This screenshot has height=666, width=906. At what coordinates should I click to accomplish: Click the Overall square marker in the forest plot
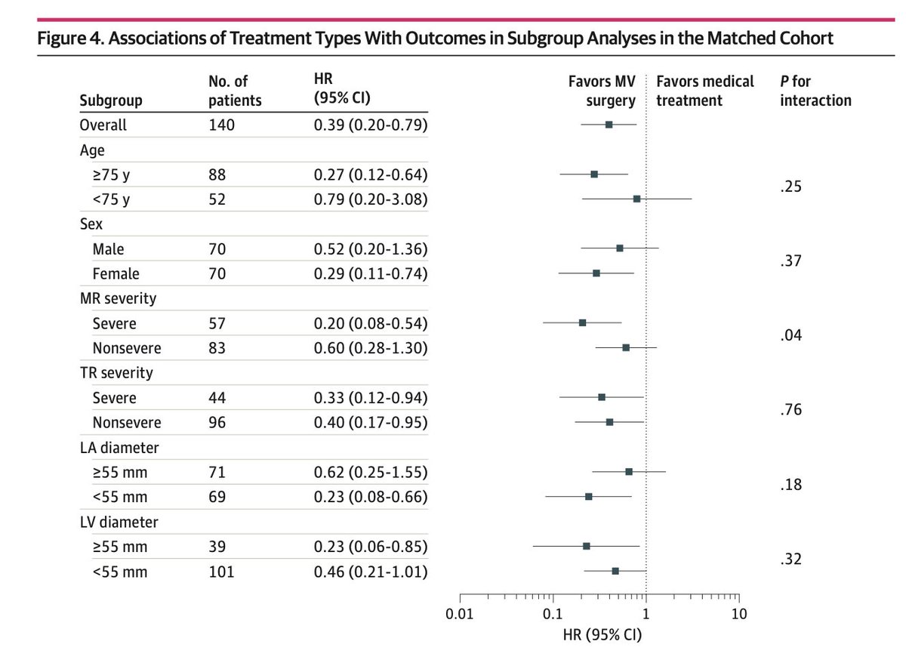click(609, 125)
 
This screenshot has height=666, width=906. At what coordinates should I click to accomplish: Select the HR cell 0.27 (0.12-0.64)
click(371, 174)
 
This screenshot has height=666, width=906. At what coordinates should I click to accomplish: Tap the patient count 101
click(221, 572)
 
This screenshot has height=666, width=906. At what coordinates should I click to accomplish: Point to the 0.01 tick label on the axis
click(460, 614)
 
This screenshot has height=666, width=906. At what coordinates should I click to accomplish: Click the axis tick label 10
click(739, 614)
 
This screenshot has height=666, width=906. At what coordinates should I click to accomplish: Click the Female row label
click(116, 273)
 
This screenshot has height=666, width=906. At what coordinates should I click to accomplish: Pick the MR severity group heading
click(117, 298)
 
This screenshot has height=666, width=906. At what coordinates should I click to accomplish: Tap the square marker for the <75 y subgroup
click(636, 199)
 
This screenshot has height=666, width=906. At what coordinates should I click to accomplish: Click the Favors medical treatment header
click(705, 91)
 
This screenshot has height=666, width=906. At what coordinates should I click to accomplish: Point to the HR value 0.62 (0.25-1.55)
click(371, 472)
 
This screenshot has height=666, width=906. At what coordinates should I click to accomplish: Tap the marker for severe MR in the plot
click(582, 322)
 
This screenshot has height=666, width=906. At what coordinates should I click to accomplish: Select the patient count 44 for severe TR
click(217, 398)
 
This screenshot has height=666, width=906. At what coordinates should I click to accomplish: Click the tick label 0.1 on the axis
click(553, 614)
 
